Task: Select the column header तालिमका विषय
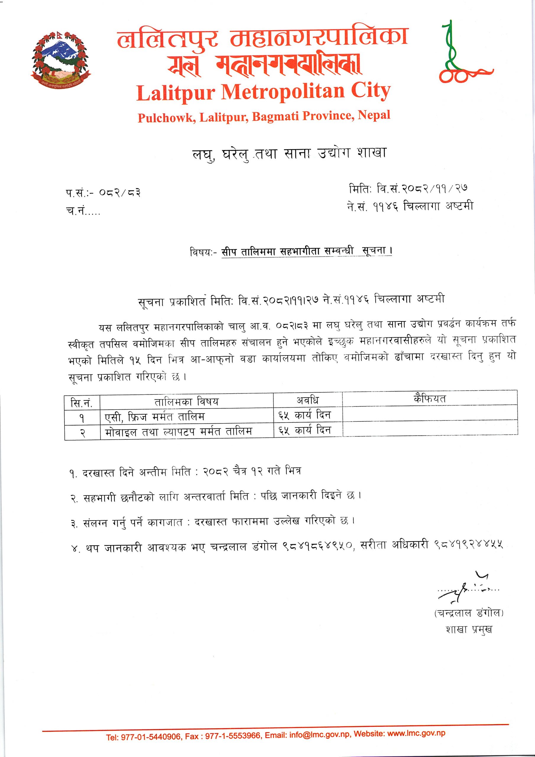pyautogui.click(x=186, y=402)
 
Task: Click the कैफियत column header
pyautogui.click(x=429, y=399)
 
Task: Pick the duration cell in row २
pyautogui.click(x=304, y=430)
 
